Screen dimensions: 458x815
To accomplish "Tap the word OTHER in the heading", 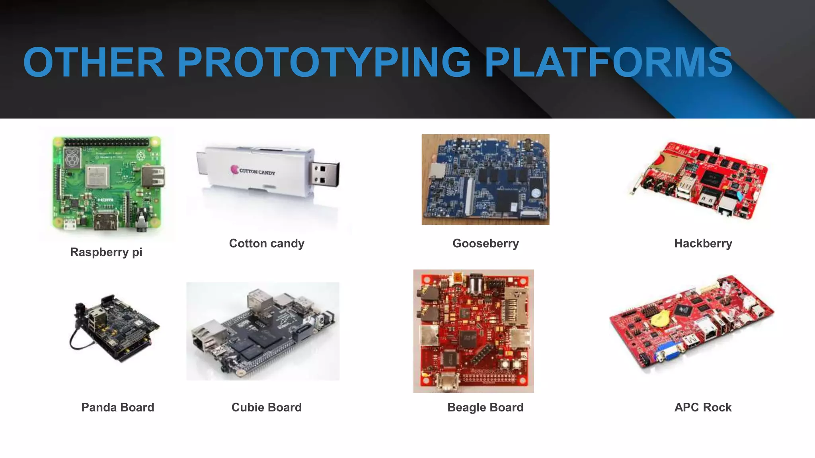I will [94, 62].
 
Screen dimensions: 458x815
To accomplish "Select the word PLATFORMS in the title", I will [608, 62].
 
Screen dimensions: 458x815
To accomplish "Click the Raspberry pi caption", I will [106, 252].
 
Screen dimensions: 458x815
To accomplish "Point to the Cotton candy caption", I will [267, 243].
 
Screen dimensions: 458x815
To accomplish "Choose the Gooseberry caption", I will [485, 243].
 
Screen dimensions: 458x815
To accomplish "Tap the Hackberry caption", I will [703, 243].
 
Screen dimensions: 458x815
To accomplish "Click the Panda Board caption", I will [118, 407].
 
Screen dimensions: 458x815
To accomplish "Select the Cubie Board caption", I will [267, 407].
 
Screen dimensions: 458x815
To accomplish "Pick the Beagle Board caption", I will [485, 407].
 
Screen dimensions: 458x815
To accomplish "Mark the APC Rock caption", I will [703, 407].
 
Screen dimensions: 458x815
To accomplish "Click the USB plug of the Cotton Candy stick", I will [325, 174].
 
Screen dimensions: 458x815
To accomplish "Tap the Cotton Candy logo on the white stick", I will [253, 171].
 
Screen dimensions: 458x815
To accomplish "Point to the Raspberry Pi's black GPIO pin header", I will [106, 142].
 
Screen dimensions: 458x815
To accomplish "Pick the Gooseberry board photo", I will [485, 179].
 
